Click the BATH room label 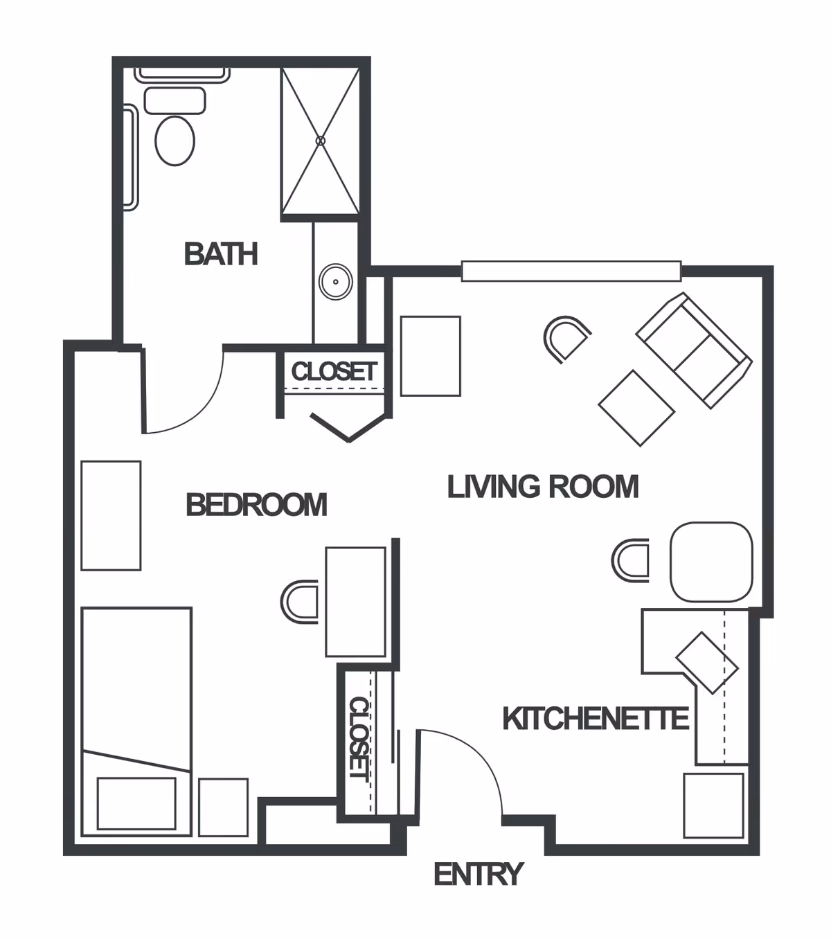click(x=221, y=254)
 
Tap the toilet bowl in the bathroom click(x=175, y=141)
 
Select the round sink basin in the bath click(x=336, y=281)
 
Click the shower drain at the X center click(x=320, y=141)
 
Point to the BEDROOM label click(x=257, y=505)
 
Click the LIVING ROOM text click(x=543, y=487)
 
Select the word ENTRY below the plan click(x=479, y=874)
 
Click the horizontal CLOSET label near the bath click(x=334, y=371)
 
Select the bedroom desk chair click(x=299, y=602)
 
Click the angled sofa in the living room click(x=694, y=350)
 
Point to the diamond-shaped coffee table click(x=636, y=408)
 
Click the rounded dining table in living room click(x=711, y=562)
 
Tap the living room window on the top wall click(x=571, y=271)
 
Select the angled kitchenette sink click(x=707, y=663)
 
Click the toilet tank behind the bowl click(x=175, y=100)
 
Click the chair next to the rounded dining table click(x=630, y=560)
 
